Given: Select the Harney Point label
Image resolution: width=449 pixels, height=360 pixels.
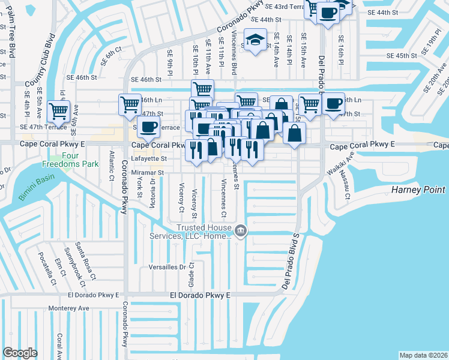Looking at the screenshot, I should (418, 190).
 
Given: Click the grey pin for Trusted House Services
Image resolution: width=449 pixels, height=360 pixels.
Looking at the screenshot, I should (241, 230).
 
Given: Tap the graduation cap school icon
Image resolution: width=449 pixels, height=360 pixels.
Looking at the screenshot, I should (255, 40).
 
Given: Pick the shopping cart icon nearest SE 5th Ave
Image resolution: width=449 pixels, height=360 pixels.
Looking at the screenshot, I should (58, 110).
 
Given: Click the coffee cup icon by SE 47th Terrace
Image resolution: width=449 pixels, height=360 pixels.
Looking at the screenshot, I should (148, 126).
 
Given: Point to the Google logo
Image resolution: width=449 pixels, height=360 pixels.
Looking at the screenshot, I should (20, 353).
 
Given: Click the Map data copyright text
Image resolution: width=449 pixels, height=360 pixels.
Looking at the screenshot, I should (423, 355).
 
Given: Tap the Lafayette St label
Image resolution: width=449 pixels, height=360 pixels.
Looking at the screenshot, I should (147, 159).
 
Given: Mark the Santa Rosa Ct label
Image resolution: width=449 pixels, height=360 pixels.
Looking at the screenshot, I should (84, 261).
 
